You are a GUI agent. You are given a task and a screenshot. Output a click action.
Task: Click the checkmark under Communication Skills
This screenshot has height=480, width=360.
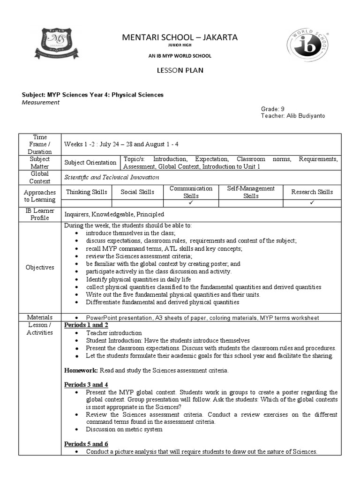click(x=191, y=203)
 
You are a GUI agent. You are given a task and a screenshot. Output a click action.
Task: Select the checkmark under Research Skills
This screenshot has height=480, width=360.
click(x=312, y=203)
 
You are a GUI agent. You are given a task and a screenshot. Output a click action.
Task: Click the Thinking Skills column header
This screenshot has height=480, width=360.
click(x=87, y=192)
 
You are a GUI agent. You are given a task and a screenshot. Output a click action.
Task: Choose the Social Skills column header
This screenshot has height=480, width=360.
click(x=137, y=192)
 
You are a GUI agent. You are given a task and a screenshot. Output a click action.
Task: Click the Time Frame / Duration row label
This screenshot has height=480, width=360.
click(x=40, y=144)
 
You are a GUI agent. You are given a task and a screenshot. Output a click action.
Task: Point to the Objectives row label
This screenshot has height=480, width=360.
click(x=40, y=267)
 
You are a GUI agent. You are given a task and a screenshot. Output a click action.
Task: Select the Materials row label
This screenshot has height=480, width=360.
click(x=40, y=317)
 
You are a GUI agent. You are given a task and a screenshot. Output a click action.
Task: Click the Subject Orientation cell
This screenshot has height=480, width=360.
click(x=90, y=163)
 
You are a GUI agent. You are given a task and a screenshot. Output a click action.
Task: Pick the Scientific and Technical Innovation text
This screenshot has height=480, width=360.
click(x=112, y=177)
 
